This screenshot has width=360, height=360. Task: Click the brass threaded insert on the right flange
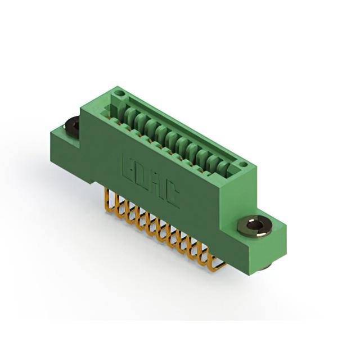[255, 226]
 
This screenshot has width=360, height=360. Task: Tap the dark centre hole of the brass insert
[254, 224]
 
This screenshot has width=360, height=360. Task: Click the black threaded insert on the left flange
[71, 126]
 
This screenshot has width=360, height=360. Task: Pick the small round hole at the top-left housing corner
[119, 93]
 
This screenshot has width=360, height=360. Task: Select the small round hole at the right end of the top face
[243, 165]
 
